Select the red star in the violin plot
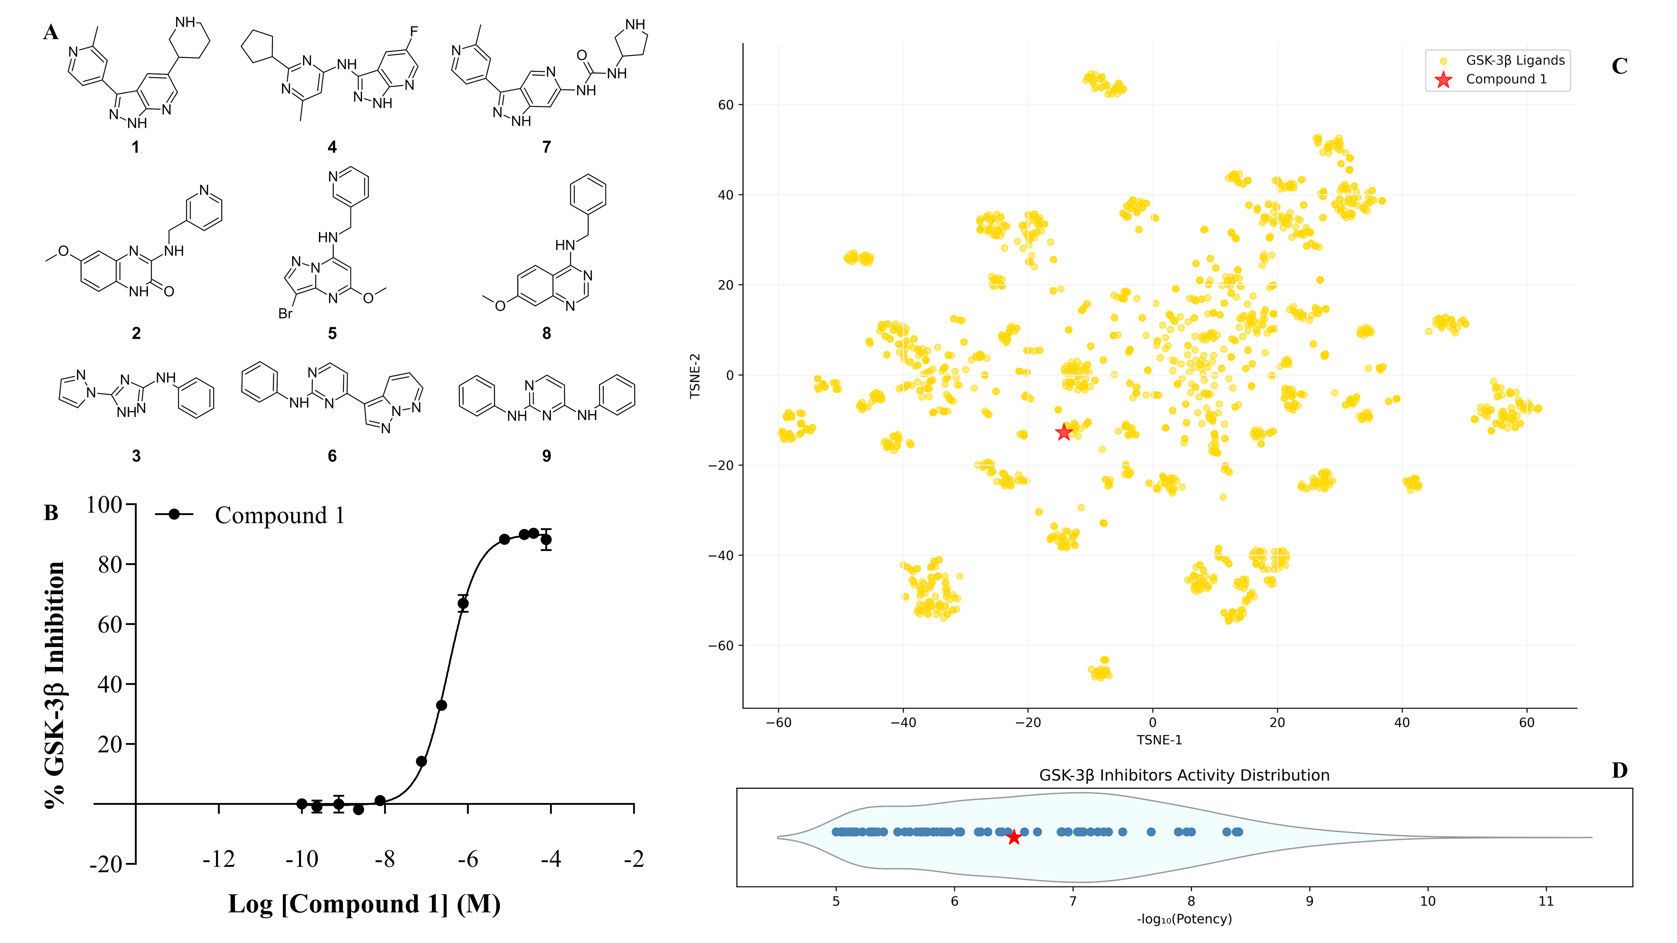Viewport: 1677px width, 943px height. tap(1014, 838)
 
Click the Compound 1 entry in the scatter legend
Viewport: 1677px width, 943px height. tap(1505, 79)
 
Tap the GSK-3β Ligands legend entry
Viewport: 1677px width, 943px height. tap(1514, 61)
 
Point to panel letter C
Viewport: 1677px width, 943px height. tap(1619, 66)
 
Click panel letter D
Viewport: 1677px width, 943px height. tap(1619, 771)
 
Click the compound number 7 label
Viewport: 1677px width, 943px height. tap(546, 147)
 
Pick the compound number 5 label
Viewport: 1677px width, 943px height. tap(332, 333)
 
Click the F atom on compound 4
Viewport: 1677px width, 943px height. tap(413, 31)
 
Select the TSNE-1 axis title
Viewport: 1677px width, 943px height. tap(1159, 740)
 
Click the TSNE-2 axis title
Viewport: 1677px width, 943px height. tap(695, 376)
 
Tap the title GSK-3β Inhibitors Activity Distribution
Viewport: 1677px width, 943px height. tap(1183, 775)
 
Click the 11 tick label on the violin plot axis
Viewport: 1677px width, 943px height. tap(1546, 901)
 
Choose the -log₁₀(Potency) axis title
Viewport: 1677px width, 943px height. tap(1183, 919)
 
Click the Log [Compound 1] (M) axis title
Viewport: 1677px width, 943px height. tap(364, 904)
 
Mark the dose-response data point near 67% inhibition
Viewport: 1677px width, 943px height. tap(463, 603)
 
